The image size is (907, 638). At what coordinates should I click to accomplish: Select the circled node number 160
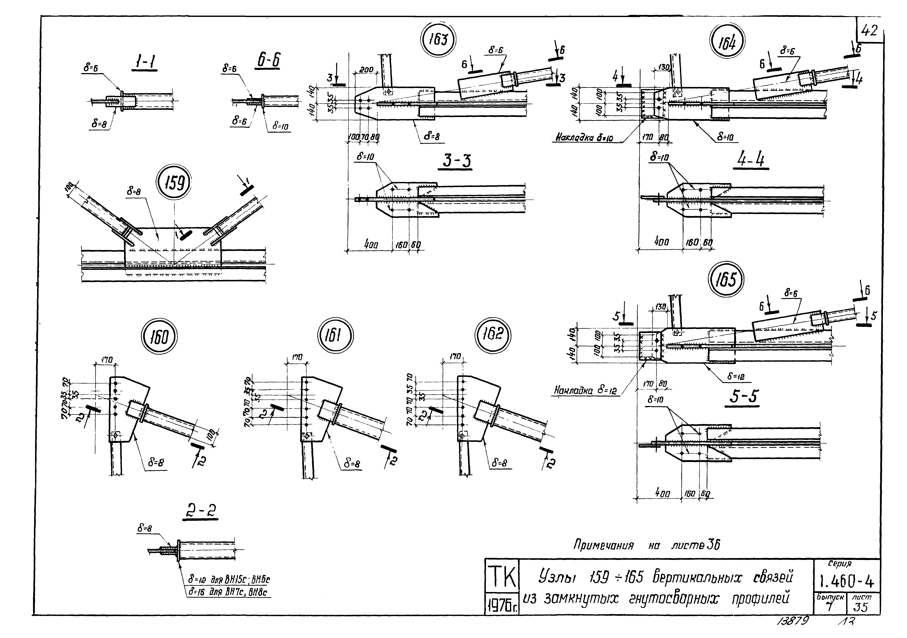159,338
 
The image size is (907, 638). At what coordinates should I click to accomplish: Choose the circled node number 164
727,43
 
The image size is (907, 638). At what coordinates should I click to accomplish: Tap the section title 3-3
456,161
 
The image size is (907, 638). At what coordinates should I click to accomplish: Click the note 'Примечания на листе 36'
647,546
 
